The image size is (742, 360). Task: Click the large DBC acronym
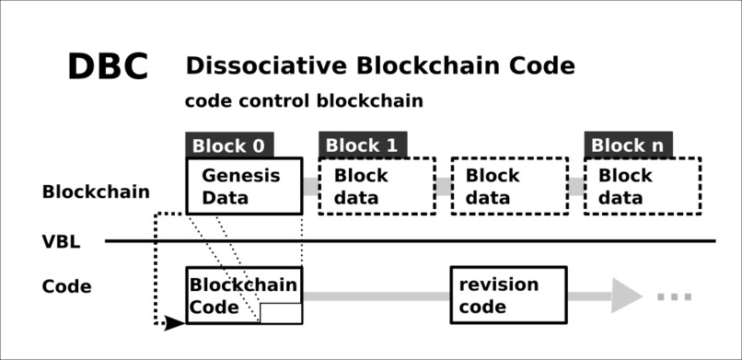click(x=108, y=67)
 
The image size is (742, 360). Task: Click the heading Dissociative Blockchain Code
click(x=379, y=66)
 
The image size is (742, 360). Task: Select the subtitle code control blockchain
click(x=304, y=101)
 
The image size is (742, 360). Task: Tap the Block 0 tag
click(x=229, y=145)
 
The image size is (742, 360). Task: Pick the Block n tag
click(x=627, y=145)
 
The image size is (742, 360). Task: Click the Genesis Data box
click(x=243, y=186)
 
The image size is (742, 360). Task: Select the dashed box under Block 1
click(x=377, y=186)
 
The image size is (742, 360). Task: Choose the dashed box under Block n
click(x=642, y=186)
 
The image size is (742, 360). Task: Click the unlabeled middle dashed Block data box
click(x=509, y=186)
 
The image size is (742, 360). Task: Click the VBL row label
click(x=61, y=242)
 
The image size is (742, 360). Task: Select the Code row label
click(x=66, y=286)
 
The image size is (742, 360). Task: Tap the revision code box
click(x=508, y=295)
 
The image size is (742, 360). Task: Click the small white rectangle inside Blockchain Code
click(x=281, y=313)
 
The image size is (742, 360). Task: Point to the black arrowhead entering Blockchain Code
click(x=174, y=323)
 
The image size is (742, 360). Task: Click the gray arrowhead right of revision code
click(x=626, y=296)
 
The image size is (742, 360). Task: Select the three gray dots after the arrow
click(x=674, y=296)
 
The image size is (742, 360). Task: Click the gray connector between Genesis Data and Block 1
click(x=310, y=186)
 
